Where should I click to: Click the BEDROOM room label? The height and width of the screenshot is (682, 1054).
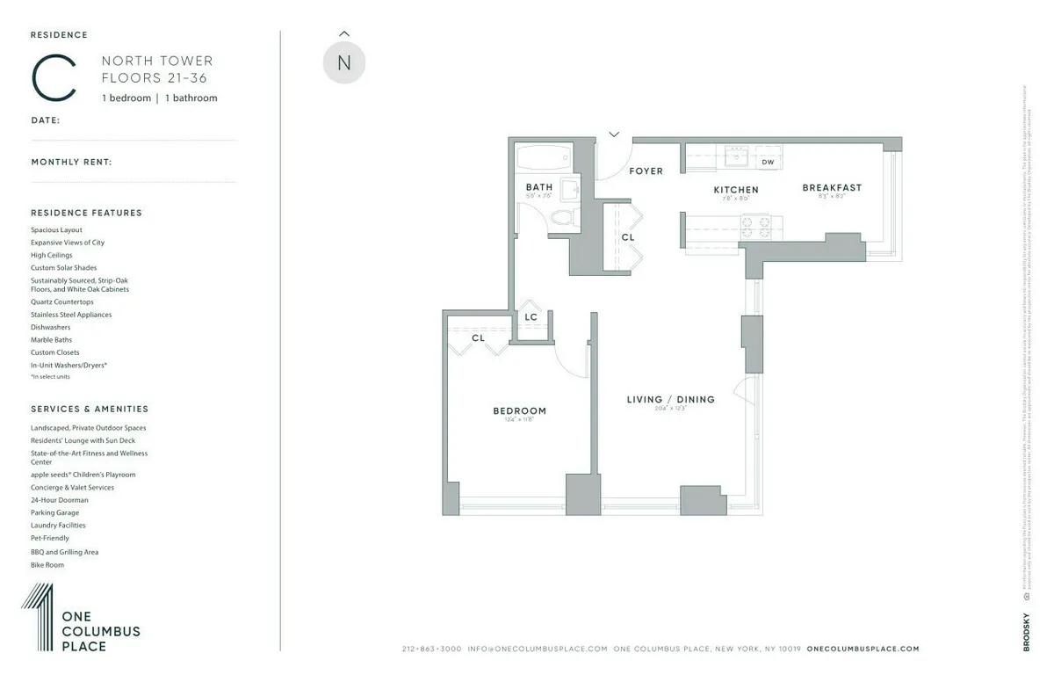[519, 410]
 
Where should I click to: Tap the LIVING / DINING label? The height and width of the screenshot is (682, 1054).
[670, 400]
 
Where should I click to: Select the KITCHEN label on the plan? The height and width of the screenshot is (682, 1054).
[735, 190]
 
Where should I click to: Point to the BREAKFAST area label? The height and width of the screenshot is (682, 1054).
[831, 187]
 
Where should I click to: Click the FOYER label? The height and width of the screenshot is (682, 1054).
[646, 170]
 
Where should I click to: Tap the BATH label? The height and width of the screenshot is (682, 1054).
[538, 187]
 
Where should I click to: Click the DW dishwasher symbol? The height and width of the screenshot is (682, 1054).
[768, 162]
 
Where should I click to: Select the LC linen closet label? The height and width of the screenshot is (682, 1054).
[531, 317]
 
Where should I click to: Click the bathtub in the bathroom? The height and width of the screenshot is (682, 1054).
[544, 158]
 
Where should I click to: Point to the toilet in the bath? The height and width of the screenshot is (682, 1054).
[565, 218]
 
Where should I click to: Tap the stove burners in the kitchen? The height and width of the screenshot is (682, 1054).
[756, 227]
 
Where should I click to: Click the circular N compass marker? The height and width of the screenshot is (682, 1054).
[343, 63]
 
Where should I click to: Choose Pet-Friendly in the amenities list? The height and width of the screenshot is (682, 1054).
[49, 538]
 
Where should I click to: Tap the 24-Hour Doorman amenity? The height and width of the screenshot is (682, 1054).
[59, 500]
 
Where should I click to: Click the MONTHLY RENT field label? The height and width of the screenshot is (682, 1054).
[71, 162]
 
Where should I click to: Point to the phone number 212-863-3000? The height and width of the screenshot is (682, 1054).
[431, 649]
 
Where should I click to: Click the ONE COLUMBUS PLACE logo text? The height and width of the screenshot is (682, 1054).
[100, 631]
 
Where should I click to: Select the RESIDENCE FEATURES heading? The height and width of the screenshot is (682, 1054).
[86, 213]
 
